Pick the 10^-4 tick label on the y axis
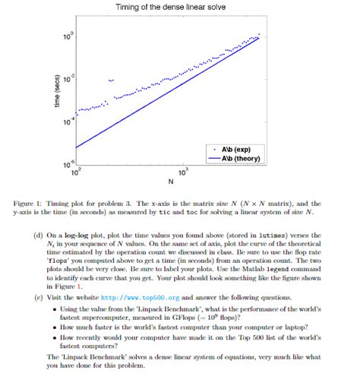pos(69,122)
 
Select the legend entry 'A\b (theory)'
pos(241,159)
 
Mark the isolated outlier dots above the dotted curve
pos(112,80)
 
